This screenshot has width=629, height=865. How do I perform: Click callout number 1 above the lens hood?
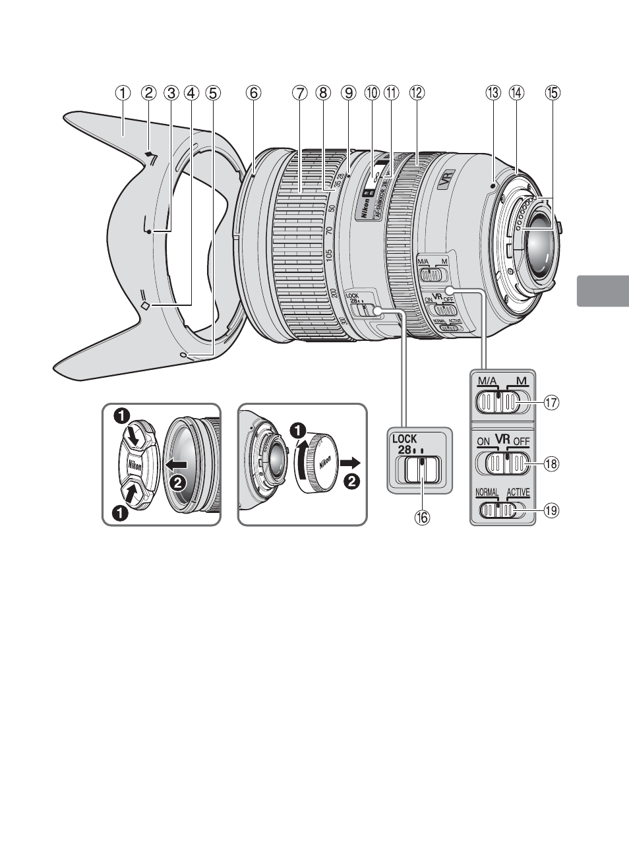[122, 93]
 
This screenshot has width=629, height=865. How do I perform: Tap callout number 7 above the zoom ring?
[300, 93]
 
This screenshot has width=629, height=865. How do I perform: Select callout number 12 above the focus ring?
[416, 93]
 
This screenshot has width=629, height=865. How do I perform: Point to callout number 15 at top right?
[552, 93]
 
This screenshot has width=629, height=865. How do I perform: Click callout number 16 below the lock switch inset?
[421, 518]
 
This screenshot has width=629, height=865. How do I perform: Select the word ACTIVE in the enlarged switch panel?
[518, 492]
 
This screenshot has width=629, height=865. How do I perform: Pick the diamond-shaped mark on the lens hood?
[147, 305]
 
